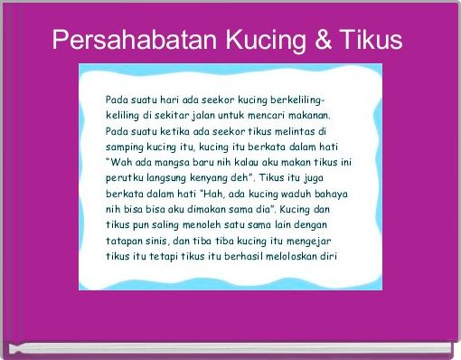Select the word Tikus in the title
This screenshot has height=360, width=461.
pyautogui.click(x=371, y=41)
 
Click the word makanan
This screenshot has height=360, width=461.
pyautogui.click(x=307, y=115)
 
